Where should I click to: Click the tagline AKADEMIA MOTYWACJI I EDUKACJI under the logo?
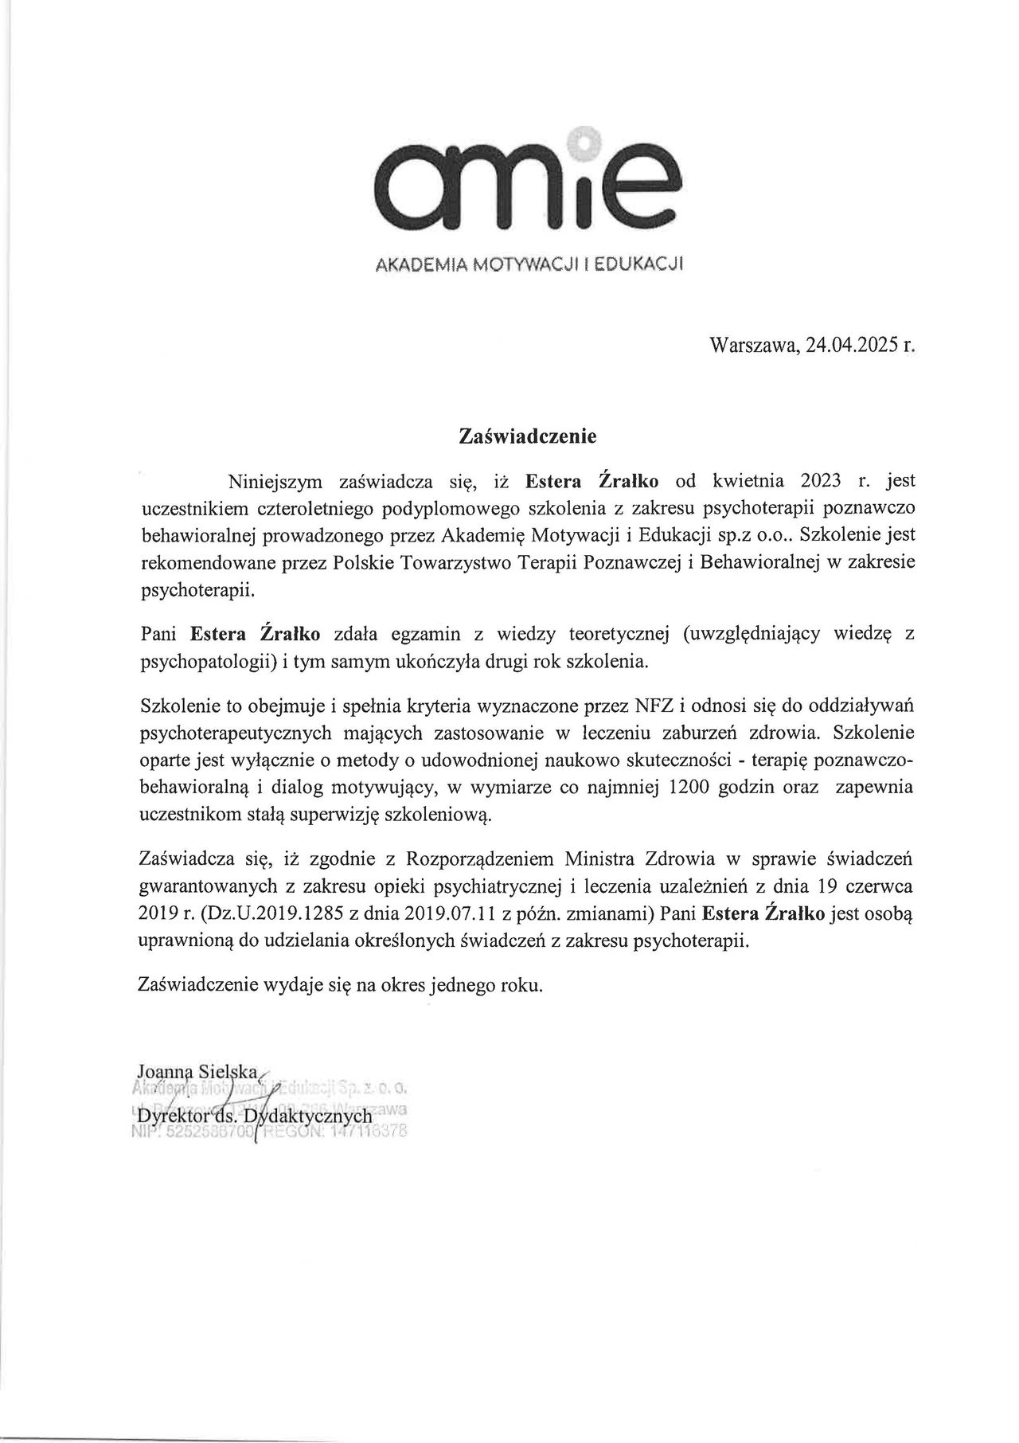click(x=529, y=263)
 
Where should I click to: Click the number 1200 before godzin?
click(x=697, y=788)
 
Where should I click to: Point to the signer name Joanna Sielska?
click(x=196, y=1071)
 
